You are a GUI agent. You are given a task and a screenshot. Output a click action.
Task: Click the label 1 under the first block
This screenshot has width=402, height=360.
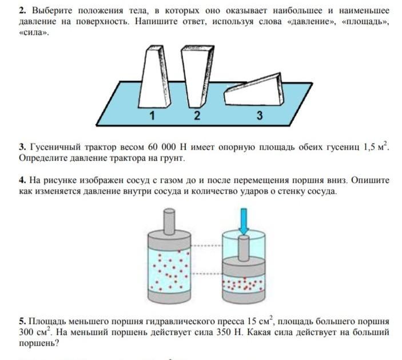point(152,115)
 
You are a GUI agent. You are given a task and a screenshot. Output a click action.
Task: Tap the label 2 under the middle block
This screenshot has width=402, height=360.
point(197,115)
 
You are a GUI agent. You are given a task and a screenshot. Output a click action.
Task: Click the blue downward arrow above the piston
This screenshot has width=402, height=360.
point(244,221)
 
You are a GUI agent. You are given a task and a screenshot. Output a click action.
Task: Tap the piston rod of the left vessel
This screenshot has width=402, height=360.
point(169,219)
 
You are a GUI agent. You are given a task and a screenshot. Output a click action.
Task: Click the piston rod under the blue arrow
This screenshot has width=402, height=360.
point(244,247)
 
